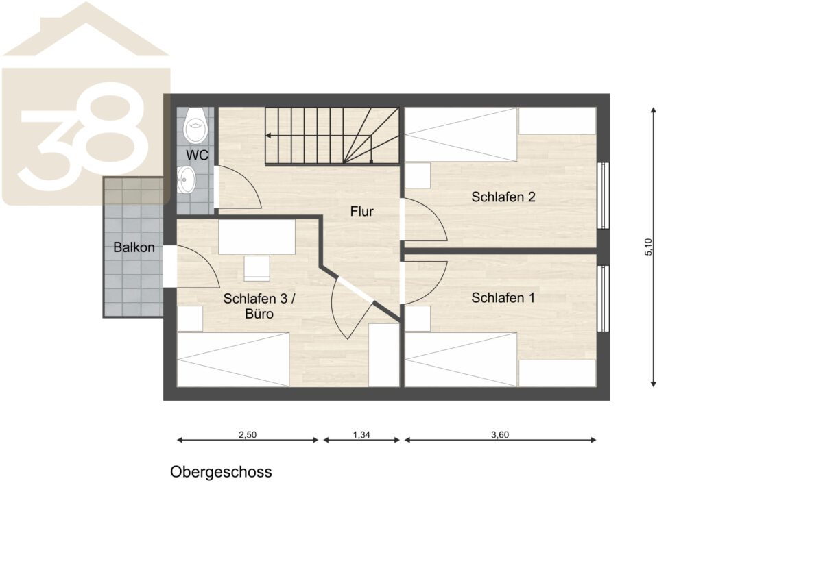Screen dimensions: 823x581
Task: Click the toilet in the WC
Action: pos(196,125)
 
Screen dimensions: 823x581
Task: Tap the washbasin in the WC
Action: pos(187,179)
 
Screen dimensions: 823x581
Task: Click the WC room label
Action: pos(197,155)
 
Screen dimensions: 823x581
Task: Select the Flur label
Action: pos(362,212)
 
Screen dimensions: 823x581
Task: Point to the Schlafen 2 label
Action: pos(503,197)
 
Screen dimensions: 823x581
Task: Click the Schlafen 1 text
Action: pos(503,298)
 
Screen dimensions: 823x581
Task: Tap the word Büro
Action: pos(259,314)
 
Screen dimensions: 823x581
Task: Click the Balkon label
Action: pos(134,247)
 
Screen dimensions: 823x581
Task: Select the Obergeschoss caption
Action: pos(221,472)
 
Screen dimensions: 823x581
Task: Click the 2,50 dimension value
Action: pos(248,435)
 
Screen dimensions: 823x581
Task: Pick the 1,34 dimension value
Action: pos(361,435)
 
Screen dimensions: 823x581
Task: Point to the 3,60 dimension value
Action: pos(500,435)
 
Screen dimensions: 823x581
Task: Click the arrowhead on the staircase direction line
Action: pos(268,136)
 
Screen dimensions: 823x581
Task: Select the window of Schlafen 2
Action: pos(603,196)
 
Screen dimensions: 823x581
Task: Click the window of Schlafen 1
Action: pos(603,299)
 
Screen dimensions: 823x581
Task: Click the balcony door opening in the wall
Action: pos(170,267)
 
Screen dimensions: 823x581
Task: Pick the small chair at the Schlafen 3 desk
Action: pos(257,269)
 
